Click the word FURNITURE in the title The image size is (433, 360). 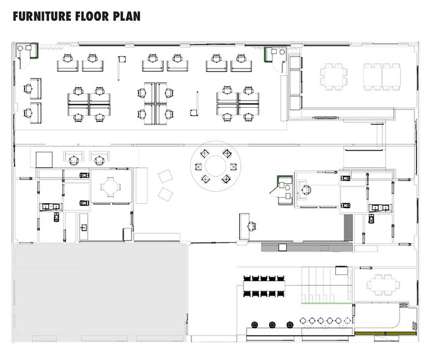pos(42,16)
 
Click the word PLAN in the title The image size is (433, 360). pos(125,16)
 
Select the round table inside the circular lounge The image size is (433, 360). pos(215,165)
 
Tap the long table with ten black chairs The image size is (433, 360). pos(265,286)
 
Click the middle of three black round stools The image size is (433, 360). pos(272,324)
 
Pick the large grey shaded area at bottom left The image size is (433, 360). pos(100,293)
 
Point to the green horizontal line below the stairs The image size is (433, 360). pos(327,304)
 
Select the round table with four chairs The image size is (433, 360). pos(111,186)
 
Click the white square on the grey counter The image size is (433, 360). pos(282,247)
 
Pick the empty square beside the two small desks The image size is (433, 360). pos(45,159)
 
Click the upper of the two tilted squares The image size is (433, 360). pos(166,177)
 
